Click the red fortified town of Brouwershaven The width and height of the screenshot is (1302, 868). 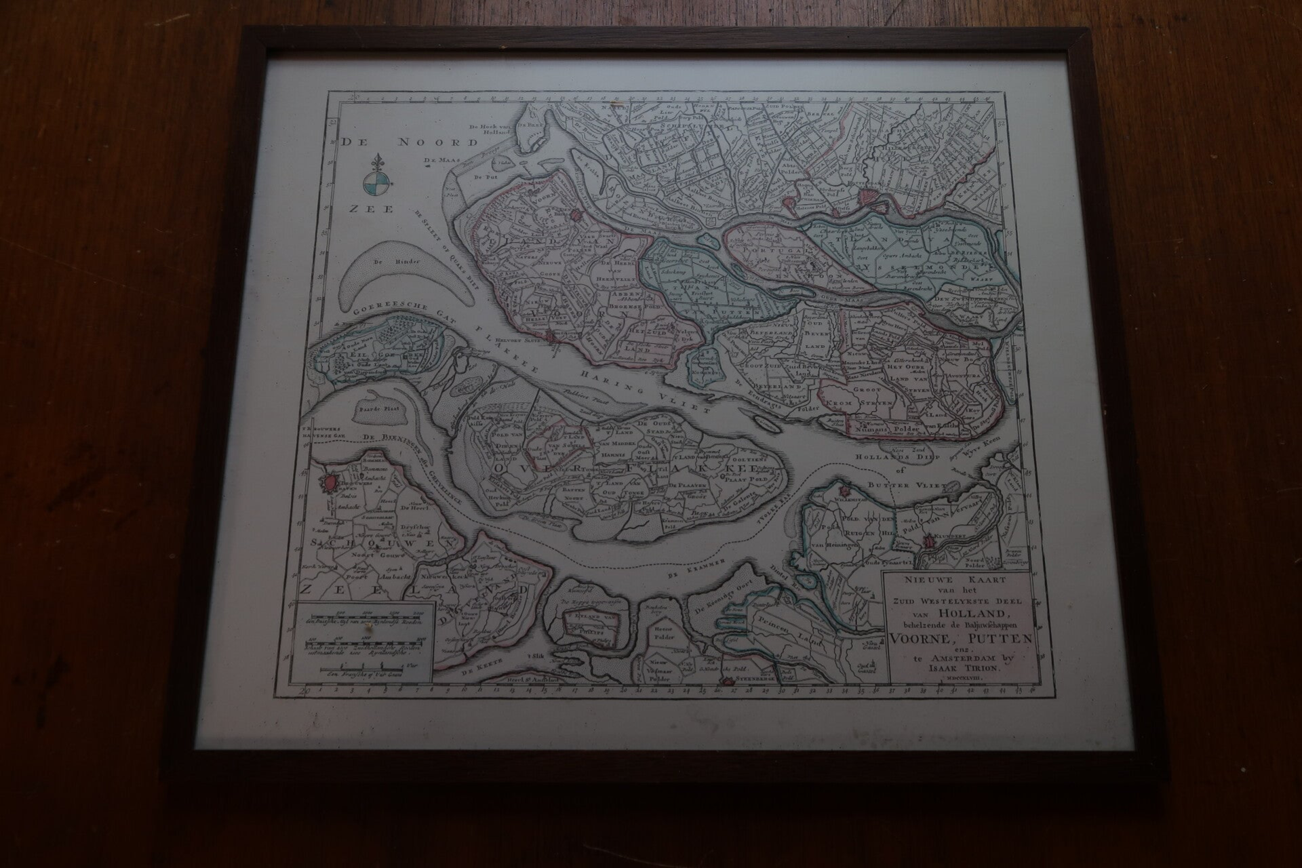coord(329,483)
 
